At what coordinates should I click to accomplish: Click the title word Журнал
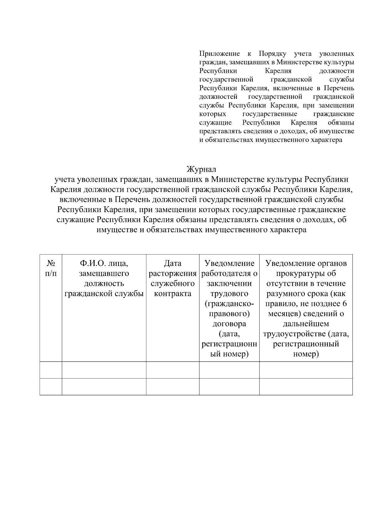[201, 169]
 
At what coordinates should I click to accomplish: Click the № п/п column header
[51, 268]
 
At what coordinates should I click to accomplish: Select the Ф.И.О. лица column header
[104, 278]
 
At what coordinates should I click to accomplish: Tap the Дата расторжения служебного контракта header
[173, 278]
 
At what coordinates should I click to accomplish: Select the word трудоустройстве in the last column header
[294, 334]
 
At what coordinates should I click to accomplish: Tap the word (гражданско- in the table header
[229, 303]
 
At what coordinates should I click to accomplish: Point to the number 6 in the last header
[345, 303]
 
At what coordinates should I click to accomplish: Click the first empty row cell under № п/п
[51, 370]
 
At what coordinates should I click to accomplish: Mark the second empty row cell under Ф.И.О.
[104, 387]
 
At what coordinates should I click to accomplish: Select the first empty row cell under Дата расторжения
[173, 370]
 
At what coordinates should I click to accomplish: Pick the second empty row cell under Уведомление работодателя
[229, 387]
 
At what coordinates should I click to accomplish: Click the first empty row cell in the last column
[306, 370]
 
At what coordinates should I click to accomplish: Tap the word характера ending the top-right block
[326, 140]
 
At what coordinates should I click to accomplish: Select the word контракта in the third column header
[173, 294]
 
